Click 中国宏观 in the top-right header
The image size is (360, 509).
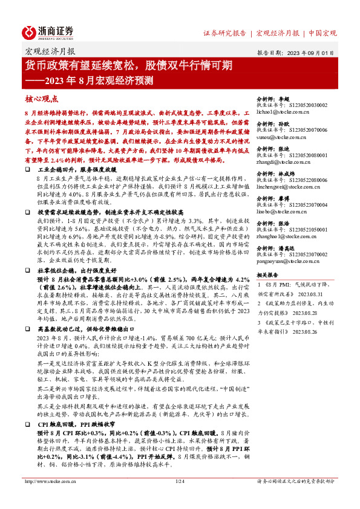(x=322, y=33)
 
